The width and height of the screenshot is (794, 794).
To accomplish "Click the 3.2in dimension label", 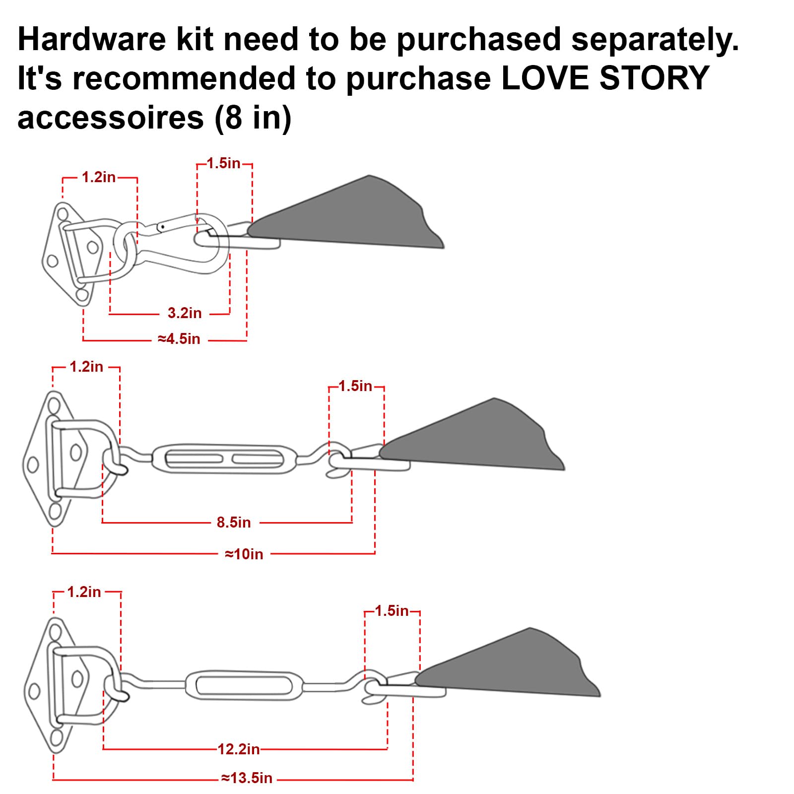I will (x=185, y=313).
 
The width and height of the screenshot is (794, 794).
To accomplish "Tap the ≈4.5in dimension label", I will (x=179, y=339).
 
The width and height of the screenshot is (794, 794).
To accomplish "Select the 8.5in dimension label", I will (x=234, y=523).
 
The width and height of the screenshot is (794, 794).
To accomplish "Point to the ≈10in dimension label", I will (x=244, y=554).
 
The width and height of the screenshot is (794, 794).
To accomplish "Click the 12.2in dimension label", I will (x=239, y=749).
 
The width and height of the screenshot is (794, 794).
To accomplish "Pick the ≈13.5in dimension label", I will (x=247, y=778).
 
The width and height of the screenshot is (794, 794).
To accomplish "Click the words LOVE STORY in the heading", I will (x=605, y=78).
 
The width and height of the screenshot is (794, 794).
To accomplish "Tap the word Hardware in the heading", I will (x=91, y=40).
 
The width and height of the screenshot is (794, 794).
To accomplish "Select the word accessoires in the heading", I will (x=111, y=118).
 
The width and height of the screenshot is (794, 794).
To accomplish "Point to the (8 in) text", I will (x=253, y=118).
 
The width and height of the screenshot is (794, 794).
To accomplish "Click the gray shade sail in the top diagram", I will (x=357, y=216).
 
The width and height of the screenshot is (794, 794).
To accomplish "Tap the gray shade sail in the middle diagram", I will (x=481, y=439).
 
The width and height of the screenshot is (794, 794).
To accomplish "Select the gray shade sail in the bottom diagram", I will (x=516, y=667).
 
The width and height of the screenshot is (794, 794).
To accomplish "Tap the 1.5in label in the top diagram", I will (x=223, y=163).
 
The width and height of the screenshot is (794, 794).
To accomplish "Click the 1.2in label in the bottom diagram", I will (x=84, y=592).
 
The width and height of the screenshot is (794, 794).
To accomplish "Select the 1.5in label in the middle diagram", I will (x=355, y=386).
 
